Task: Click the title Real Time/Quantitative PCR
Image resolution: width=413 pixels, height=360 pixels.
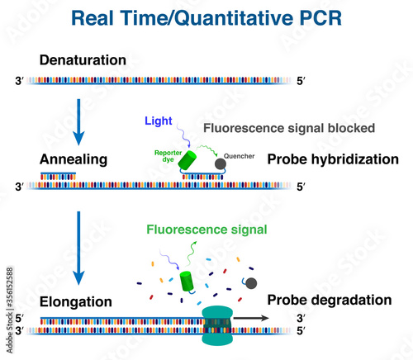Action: click(x=206, y=17)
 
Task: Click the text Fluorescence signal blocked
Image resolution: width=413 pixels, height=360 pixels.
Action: click(x=289, y=129)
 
